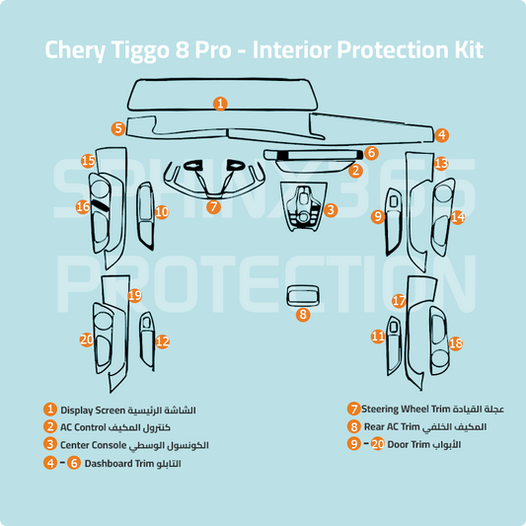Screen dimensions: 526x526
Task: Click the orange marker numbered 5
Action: (117, 128)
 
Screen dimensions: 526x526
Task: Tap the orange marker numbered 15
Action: (88, 161)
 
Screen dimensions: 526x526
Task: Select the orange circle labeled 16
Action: (84, 207)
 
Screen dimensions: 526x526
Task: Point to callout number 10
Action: (162, 212)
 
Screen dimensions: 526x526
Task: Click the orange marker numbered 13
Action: (441, 163)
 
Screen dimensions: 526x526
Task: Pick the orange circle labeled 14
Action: (457, 216)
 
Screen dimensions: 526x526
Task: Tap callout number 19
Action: (135, 295)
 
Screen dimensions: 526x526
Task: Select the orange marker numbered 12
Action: (163, 341)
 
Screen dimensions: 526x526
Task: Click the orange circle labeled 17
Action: (399, 301)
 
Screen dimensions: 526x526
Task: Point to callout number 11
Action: (378, 337)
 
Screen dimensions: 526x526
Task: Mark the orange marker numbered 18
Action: (455, 343)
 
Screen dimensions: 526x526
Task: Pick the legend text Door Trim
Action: (410, 445)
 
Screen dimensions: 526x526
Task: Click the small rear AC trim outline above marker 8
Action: (302, 294)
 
